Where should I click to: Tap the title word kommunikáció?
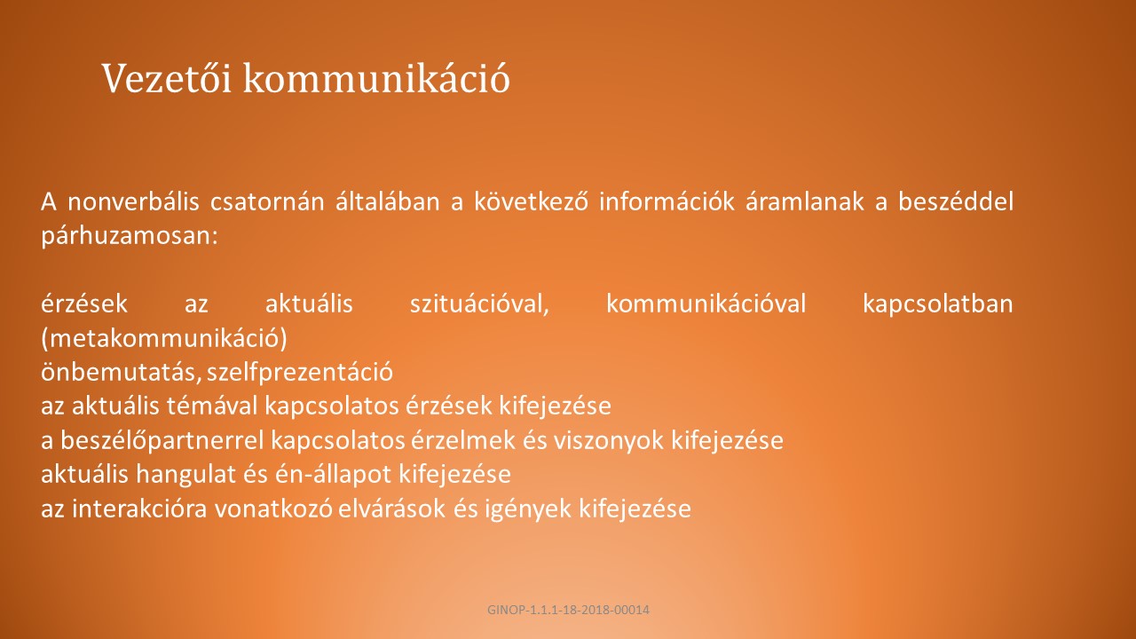click(376, 78)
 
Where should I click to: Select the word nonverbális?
click(133, 201)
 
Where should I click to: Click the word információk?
click(667, 201)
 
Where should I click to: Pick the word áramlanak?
click(805, 201)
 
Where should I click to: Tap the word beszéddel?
click(956, 201)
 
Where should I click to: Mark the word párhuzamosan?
click(130, 236)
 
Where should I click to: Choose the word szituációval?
click(479, 304)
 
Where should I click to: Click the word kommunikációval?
click(706, 304)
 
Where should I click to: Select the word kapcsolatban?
click(938, 304)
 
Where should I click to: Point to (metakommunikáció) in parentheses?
click(164, 339)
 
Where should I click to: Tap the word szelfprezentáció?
click(300, 372)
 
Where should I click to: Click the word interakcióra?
click(139, 509)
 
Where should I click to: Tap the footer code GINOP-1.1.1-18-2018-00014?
click(568, 610)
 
